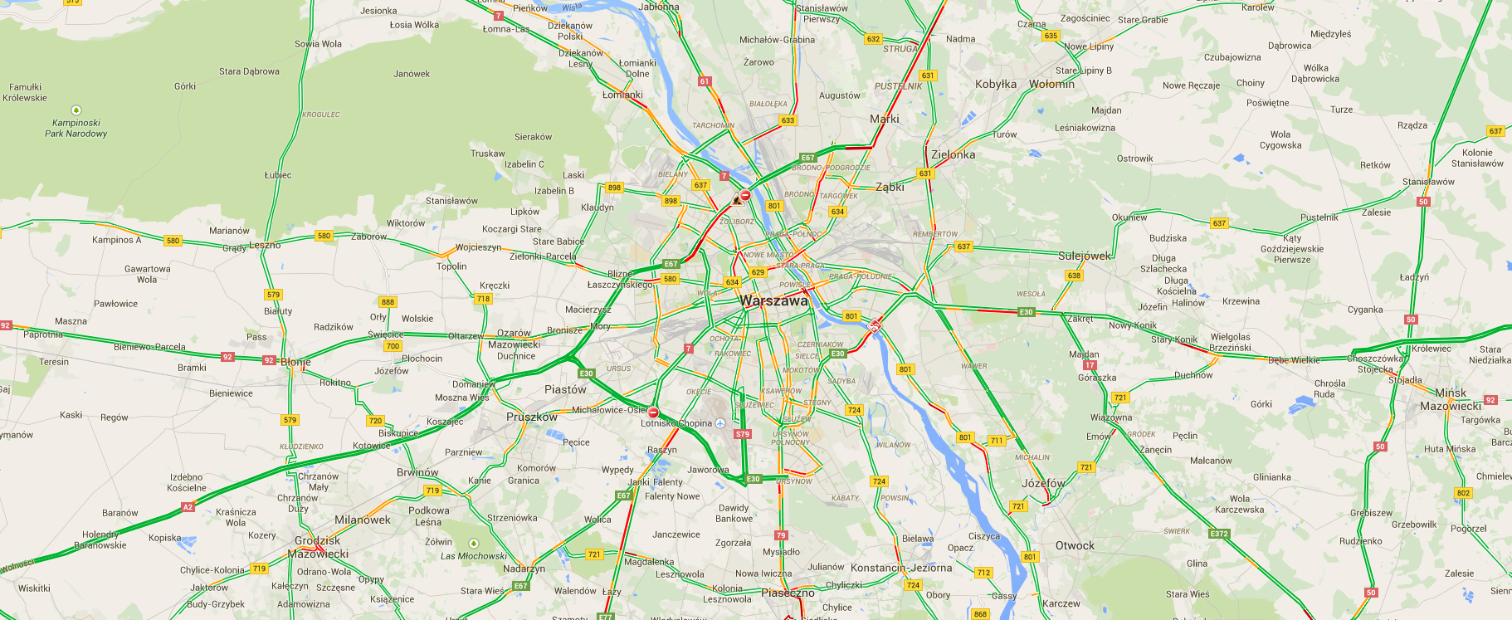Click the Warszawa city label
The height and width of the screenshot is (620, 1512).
pyautogui.click(x=773, y=301)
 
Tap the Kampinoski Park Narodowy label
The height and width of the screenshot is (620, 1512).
pyautogui.click(x=76, y=128)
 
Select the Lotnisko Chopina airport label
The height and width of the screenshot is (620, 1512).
pyautogui.click(x=676, y=423)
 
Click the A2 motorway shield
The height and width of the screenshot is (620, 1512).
pyautogui.click(x=188, y=507)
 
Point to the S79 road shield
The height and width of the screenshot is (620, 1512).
pyautogui.click(x=743, y=434)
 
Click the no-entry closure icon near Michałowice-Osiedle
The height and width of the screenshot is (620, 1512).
pyautogui.click(x=653, y=413)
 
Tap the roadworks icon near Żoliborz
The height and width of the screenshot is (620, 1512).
pyautogui.click(x=737, y=200)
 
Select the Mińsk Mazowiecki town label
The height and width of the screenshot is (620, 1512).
pyautogui.click(x=1450, y=399)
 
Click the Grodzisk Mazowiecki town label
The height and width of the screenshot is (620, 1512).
pyautogui.click(x=318, y=547)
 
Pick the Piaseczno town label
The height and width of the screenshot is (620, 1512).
pyautogui.click(x=788, y=593)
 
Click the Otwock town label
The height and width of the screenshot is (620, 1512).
pyautogui.click(x=1075, y=545)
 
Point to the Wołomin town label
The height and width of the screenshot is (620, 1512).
pyautogui.click(x=1051, y=84)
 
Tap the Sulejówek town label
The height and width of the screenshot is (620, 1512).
pyautogui.click(x=1084, y=256)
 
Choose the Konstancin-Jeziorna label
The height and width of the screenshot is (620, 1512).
pyautogui.click(x=901, y=568)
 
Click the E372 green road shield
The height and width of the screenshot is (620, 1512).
pyautogui.click(x=1219, y=534)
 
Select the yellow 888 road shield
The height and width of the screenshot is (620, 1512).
pyautogui.click(x=388, y=302)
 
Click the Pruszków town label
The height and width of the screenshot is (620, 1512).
pyautogui.click(x=532, y=417)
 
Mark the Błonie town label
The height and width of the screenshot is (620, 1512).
pyautogui.click(x=295, y=362)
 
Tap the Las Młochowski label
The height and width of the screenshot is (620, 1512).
pyautogui.click(x=473, y=556)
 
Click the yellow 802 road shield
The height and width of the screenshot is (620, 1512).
pyautogui.click(x=1463, y=493)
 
